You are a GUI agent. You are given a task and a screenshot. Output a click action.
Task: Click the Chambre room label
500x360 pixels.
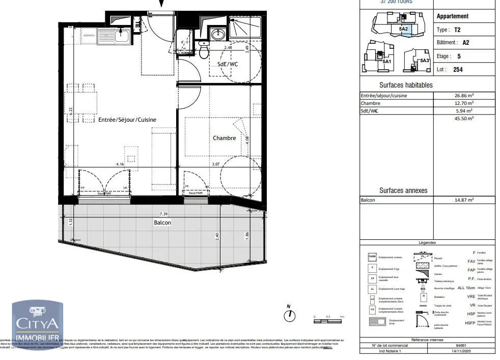pyautogui.click(x=224, y=138)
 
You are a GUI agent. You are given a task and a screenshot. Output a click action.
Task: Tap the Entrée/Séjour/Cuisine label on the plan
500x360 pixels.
pyautogui.click(x=127, y=120)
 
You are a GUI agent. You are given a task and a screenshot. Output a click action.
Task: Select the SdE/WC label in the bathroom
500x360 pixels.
pyautogui.click(x=228, y=64)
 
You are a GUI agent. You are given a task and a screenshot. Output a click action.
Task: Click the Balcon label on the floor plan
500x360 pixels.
pyautogui.click(x=162, y=223)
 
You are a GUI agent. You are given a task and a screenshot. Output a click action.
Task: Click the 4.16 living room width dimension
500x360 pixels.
pyautogui.click(x=120, y=164)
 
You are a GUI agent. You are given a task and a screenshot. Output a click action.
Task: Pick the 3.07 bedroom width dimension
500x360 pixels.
pyautogui.click(x=215, y=164)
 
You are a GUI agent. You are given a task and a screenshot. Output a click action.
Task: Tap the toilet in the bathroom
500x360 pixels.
pyautogui.click(x=204, y=51)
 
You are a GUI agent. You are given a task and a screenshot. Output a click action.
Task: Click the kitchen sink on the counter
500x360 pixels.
pyautogui.click(x=122, y=35)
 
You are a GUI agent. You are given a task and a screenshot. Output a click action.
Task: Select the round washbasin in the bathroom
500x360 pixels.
pyautogui.click(x=218, y=35)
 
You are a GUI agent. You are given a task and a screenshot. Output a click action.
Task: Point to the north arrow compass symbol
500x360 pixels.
pyautogui.click(x=289, y=315)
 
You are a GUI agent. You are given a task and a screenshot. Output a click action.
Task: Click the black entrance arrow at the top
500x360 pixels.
pyautogui.click(x=162, y=4)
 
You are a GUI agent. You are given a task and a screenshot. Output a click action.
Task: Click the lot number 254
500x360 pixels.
pyautogui.click(x=458, y=69)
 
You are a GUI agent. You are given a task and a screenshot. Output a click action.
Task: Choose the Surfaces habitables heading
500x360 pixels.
pyautogui.click(x=406, y=85)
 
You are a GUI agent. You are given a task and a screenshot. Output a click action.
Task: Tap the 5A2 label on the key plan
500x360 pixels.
pyautogui.click(x=403, y=29)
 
